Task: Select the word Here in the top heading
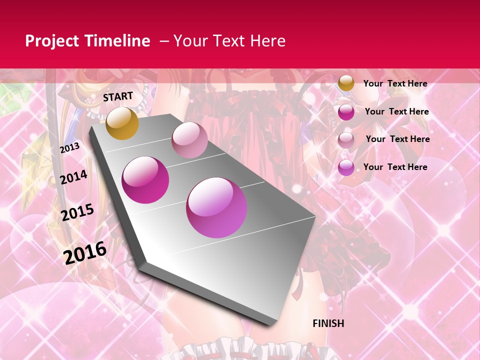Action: (x=267, y=41)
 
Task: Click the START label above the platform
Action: (x=118, y=96)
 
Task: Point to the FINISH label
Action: (x=328, y=323)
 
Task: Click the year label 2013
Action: (x=69, y=148)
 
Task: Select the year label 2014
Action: (x=73, y=177)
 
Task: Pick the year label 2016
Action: (x=85, y=252)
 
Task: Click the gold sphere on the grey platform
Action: (x=122, y=123)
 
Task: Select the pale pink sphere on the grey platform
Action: (x=189, y=140)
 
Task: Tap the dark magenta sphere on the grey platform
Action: (x=145, y=179)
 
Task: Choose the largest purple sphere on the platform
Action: (x=216, y=207)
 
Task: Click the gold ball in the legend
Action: (x=346, y=83)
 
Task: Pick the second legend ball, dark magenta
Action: (x=346, y=112)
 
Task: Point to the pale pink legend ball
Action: (x=346, y=139)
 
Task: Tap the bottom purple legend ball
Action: (x=346, y=167)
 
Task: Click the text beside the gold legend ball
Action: (x=395, y=83)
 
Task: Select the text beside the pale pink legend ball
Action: (x=397, y=139)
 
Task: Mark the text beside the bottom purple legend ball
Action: (x=395, y=167)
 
